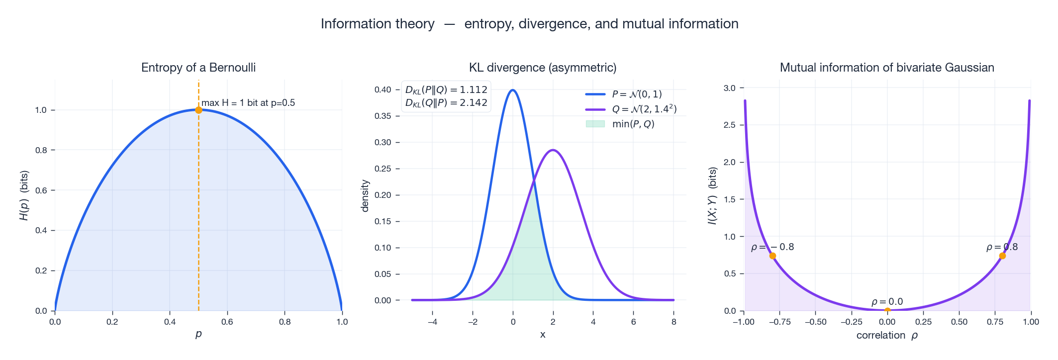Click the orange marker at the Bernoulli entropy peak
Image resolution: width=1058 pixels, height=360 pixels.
tap(198, 110)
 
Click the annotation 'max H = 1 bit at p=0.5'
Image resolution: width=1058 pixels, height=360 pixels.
tap(248, 103)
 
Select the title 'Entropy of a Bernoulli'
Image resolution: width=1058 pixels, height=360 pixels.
tap(198, 68)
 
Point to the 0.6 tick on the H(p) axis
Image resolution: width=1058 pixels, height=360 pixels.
tap(41, 190)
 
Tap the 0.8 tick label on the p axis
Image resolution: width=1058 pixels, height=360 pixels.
tap(285, 322)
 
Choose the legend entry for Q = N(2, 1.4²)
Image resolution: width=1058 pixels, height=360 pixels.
tap(644, 109)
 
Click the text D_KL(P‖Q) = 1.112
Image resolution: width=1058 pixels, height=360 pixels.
tap(446, 90)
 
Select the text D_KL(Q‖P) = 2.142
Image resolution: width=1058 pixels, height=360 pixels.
tap(446, 103)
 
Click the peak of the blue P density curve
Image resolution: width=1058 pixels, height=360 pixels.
tap(513, 90)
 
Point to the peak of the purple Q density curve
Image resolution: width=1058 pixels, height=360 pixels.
tap(553, 150)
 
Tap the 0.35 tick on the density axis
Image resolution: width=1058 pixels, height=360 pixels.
tap(383, 116)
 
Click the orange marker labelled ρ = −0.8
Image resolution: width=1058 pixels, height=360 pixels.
tap(772, 256)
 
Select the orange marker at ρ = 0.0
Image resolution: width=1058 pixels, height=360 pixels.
tap(887, 311)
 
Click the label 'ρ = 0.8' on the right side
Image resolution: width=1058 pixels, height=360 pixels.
tap(1002, 247)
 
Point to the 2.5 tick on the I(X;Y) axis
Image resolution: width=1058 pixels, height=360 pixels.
tap(730, 125)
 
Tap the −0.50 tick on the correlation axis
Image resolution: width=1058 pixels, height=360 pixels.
tap(815, 322)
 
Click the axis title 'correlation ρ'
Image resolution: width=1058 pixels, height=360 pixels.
tap(887, 336)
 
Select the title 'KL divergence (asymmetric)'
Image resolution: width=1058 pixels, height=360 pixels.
tap(543, 68)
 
